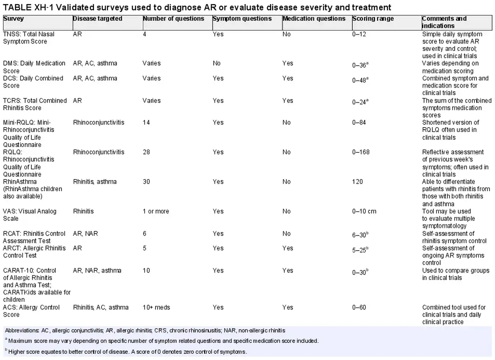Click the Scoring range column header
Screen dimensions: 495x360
(x=373, y=19)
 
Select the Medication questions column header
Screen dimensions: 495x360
(x=314, y=19)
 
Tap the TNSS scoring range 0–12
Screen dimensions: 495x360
(x=359, y=34)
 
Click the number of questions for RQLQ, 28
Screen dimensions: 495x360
(x=146, y=152)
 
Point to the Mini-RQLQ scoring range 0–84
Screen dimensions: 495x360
(x=359, y=123)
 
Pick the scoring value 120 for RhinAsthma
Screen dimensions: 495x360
(x=358, y=182)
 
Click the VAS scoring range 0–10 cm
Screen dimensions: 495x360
(x=364, y=211)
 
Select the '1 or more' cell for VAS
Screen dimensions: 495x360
(x=156, y=211)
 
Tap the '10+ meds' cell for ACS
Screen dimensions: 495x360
(x=156, y=308)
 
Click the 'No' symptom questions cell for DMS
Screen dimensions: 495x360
(x=217, y=64)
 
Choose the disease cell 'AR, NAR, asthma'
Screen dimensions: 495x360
(x=97, y=271)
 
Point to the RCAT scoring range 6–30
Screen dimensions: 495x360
(x=360, y=234)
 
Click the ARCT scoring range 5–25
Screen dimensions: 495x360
(x=360, y=249)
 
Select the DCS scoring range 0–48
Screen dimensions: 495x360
(x=360, y=80)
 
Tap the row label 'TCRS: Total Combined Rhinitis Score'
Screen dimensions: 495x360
(x=35, y=104)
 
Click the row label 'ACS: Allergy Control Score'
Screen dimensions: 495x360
(x=31, y=311)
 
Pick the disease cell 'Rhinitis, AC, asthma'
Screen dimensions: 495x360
(x=101, y=308)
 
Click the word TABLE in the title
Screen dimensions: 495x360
(x=17, y=7)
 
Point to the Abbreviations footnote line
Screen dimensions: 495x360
(x=145, y=331)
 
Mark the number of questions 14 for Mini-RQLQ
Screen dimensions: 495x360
(x=146, y=123)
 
